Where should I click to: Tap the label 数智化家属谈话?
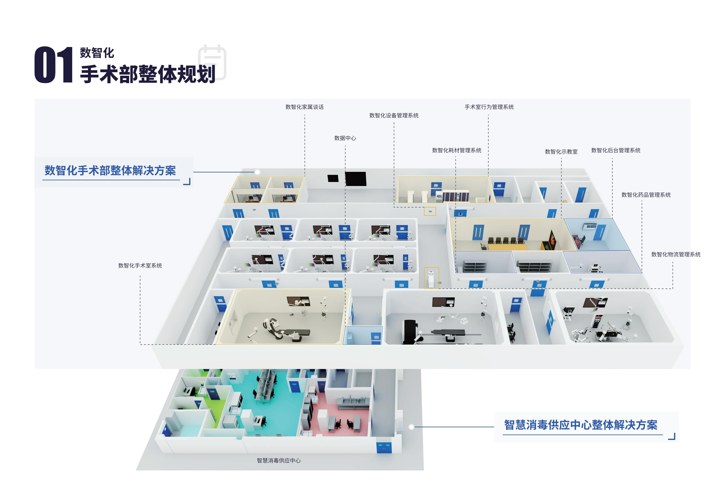coord(305,107)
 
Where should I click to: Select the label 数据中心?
coord(345,138)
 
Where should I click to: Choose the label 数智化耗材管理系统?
coord(456,150)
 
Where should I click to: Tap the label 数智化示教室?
coord(561,152)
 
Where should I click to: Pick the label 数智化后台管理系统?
coord(616,150)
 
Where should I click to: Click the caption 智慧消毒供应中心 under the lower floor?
coord(279,461)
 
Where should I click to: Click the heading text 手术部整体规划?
coord(148,74)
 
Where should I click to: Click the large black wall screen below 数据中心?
coord(356,179)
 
